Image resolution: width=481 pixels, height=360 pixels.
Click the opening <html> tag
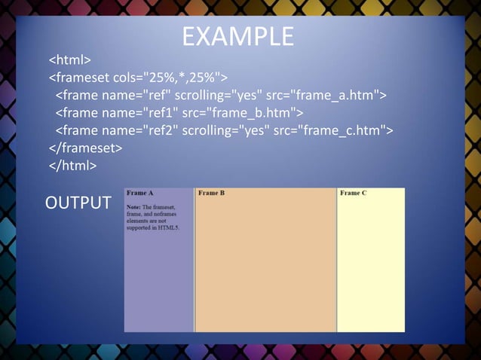click(x=70, y=59)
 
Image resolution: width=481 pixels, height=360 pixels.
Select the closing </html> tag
click(x=72, y=166)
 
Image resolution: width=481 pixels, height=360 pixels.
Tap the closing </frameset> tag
click(x=85, y=148)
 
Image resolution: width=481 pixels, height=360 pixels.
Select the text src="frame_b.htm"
click(x=241, y=113)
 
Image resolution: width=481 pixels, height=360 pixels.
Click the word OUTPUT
click(x=78, y=203)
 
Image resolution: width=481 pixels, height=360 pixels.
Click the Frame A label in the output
click(x=140, y=194)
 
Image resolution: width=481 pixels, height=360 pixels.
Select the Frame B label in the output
click(x=212, y=194)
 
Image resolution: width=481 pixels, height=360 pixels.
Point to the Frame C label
click(x=354, y=194)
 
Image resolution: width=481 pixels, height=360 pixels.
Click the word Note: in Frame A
click(x=133, y=206)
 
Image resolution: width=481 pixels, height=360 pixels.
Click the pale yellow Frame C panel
click(x=370, y=264)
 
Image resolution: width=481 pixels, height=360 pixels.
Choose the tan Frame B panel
click(x=265, y=264)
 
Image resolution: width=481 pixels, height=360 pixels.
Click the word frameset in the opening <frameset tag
click(x=82, y=77)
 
